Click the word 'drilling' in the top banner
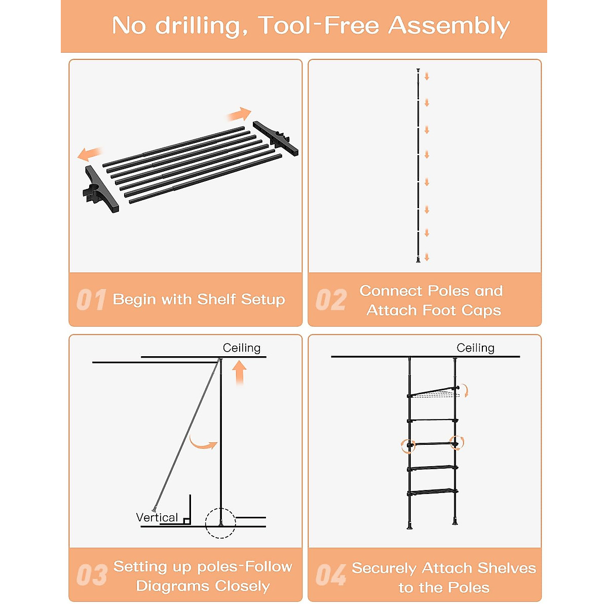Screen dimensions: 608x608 point(202,26)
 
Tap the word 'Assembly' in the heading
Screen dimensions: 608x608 point(449,26)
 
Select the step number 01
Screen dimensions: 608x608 point(91,299)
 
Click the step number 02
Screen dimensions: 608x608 point(331,299)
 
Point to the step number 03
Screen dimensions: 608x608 point(92,575)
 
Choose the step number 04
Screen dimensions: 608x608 point(331,575)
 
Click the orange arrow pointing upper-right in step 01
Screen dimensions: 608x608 point(239,114)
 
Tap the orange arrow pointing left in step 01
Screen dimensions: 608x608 point(90,155)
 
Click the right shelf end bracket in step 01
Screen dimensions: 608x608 point(276,138)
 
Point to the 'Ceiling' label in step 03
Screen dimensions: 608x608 point(242,348)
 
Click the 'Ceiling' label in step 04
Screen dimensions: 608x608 point(475,348)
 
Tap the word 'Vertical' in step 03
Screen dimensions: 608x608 point(157,517)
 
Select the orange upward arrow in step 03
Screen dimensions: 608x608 point(240,372)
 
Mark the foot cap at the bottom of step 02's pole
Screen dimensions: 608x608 point(418,260)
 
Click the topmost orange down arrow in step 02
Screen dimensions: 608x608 point(427,76)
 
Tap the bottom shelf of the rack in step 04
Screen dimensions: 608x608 point(433,491)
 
